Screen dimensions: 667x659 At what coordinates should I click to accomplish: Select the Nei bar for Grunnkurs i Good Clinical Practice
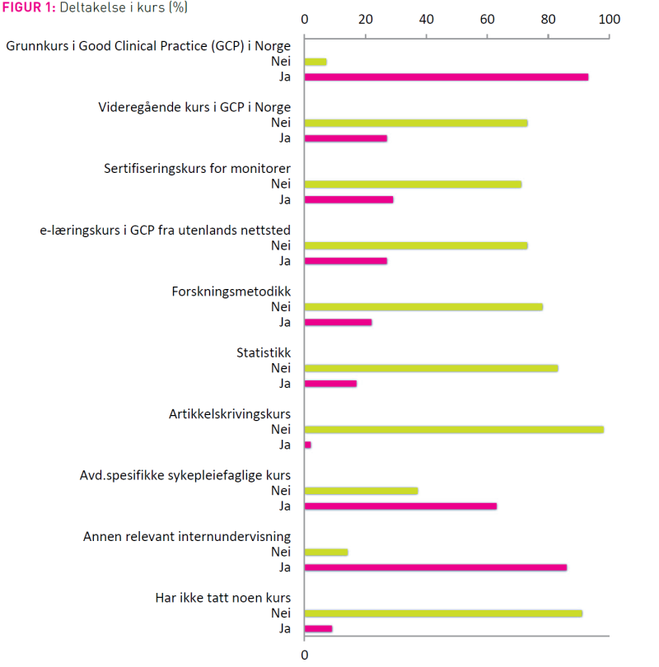pyautogui.click(x=315, y=62)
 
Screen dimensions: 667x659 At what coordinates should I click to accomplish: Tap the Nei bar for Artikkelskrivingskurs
pyautogui.click(x=454, y=430)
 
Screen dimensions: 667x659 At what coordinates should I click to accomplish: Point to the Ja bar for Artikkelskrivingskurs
pyautogui.click(x=308, y=445)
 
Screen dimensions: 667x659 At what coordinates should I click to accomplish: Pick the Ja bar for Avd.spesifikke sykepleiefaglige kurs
pyautogui.click(x=400, y=506)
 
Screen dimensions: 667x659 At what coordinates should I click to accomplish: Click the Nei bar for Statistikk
pyautogui.click(x=432, y=368)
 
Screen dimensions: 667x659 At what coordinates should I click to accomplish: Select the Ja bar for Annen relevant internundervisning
pyautogui.click(x=436, y=567)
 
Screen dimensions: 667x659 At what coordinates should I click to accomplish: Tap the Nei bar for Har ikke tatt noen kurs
pyautogui.click(x=443, y=613)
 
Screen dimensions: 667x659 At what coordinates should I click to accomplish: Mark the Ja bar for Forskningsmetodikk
pyautogui.click(x=339, y=322)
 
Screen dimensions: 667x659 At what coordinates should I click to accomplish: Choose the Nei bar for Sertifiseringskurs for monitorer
pyautogui.click(x=413, y=184)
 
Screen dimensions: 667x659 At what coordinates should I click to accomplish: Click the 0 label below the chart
pyautogui.click(x=305, y=655)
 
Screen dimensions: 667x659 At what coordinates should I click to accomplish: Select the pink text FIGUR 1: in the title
pyautogui.click(x=29, y=7)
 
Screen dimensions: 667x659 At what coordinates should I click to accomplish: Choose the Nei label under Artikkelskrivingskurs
pyautogui.click(x=281, y=429)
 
